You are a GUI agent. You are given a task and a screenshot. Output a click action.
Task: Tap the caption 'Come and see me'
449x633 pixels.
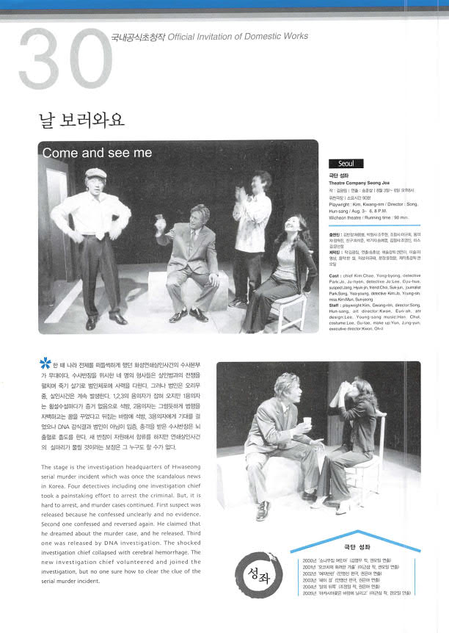tap(98, 153)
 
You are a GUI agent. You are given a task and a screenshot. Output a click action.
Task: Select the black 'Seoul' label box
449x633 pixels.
tap(346, 164)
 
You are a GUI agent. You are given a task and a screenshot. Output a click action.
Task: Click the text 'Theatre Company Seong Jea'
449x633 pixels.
tap(361, 182)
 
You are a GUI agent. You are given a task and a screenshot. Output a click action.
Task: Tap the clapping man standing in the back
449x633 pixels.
tap(250, 228)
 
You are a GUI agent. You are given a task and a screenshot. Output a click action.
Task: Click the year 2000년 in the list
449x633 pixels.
tap(309, 560)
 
